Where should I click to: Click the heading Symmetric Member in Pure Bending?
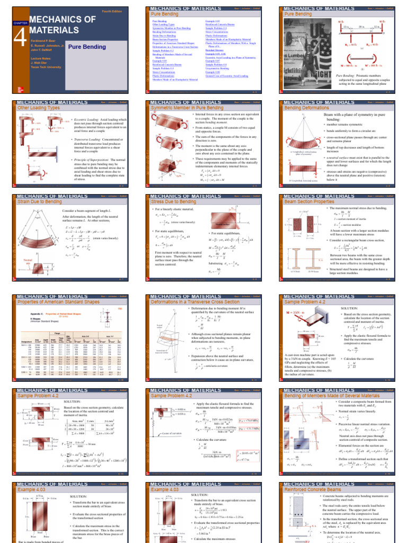click(180, 107)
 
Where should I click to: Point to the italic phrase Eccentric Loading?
click(85, 120)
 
